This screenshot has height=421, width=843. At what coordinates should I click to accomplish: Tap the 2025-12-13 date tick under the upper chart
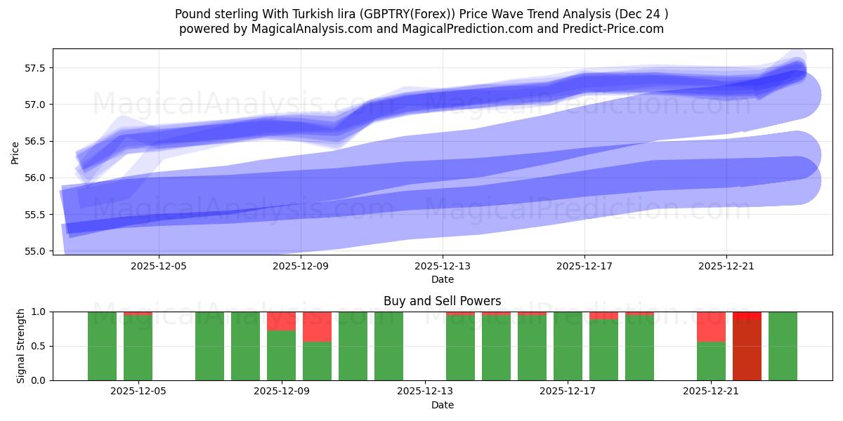coord(443,267)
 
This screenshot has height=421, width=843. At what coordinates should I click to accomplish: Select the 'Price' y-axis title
coord(15,152)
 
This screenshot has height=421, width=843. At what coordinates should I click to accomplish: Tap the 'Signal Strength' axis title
coord(21,346)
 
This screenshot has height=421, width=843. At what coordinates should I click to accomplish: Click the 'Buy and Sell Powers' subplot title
coord(442,301)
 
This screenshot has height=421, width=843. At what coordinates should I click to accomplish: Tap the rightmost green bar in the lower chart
coord(783,346)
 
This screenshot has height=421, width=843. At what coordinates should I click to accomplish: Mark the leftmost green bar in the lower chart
coord(103,346)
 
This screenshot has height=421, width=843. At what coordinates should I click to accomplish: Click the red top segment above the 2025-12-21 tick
coord(711,326)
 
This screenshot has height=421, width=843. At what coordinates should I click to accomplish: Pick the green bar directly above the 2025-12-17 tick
coord(568,346)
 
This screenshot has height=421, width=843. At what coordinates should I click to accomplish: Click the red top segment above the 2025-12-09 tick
coord(282,321)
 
